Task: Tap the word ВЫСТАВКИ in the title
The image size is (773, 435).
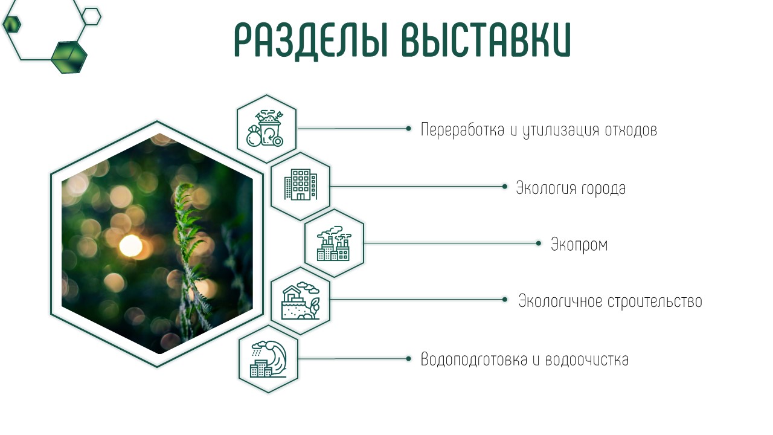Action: pos(487,39)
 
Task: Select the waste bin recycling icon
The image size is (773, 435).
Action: pos(265,129)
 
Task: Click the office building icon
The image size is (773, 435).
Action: pos(301,184)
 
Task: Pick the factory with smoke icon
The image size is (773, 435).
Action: pos(334,243)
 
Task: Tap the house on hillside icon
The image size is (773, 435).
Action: pos(301,301)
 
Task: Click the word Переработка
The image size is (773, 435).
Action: pos(463,130)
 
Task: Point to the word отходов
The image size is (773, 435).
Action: pos(631,130)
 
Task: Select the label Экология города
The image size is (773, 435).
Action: pos(571,188)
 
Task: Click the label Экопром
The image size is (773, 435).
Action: pos(579,245)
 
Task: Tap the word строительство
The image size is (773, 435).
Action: pos(655,301)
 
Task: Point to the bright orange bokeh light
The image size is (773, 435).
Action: pos(131,246)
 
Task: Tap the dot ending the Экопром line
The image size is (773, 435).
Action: pos(538,243)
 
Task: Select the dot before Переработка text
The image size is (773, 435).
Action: pos(409,129)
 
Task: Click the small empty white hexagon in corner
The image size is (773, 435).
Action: pos(91,16)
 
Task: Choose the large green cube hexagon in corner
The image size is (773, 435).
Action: pos(69,57)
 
